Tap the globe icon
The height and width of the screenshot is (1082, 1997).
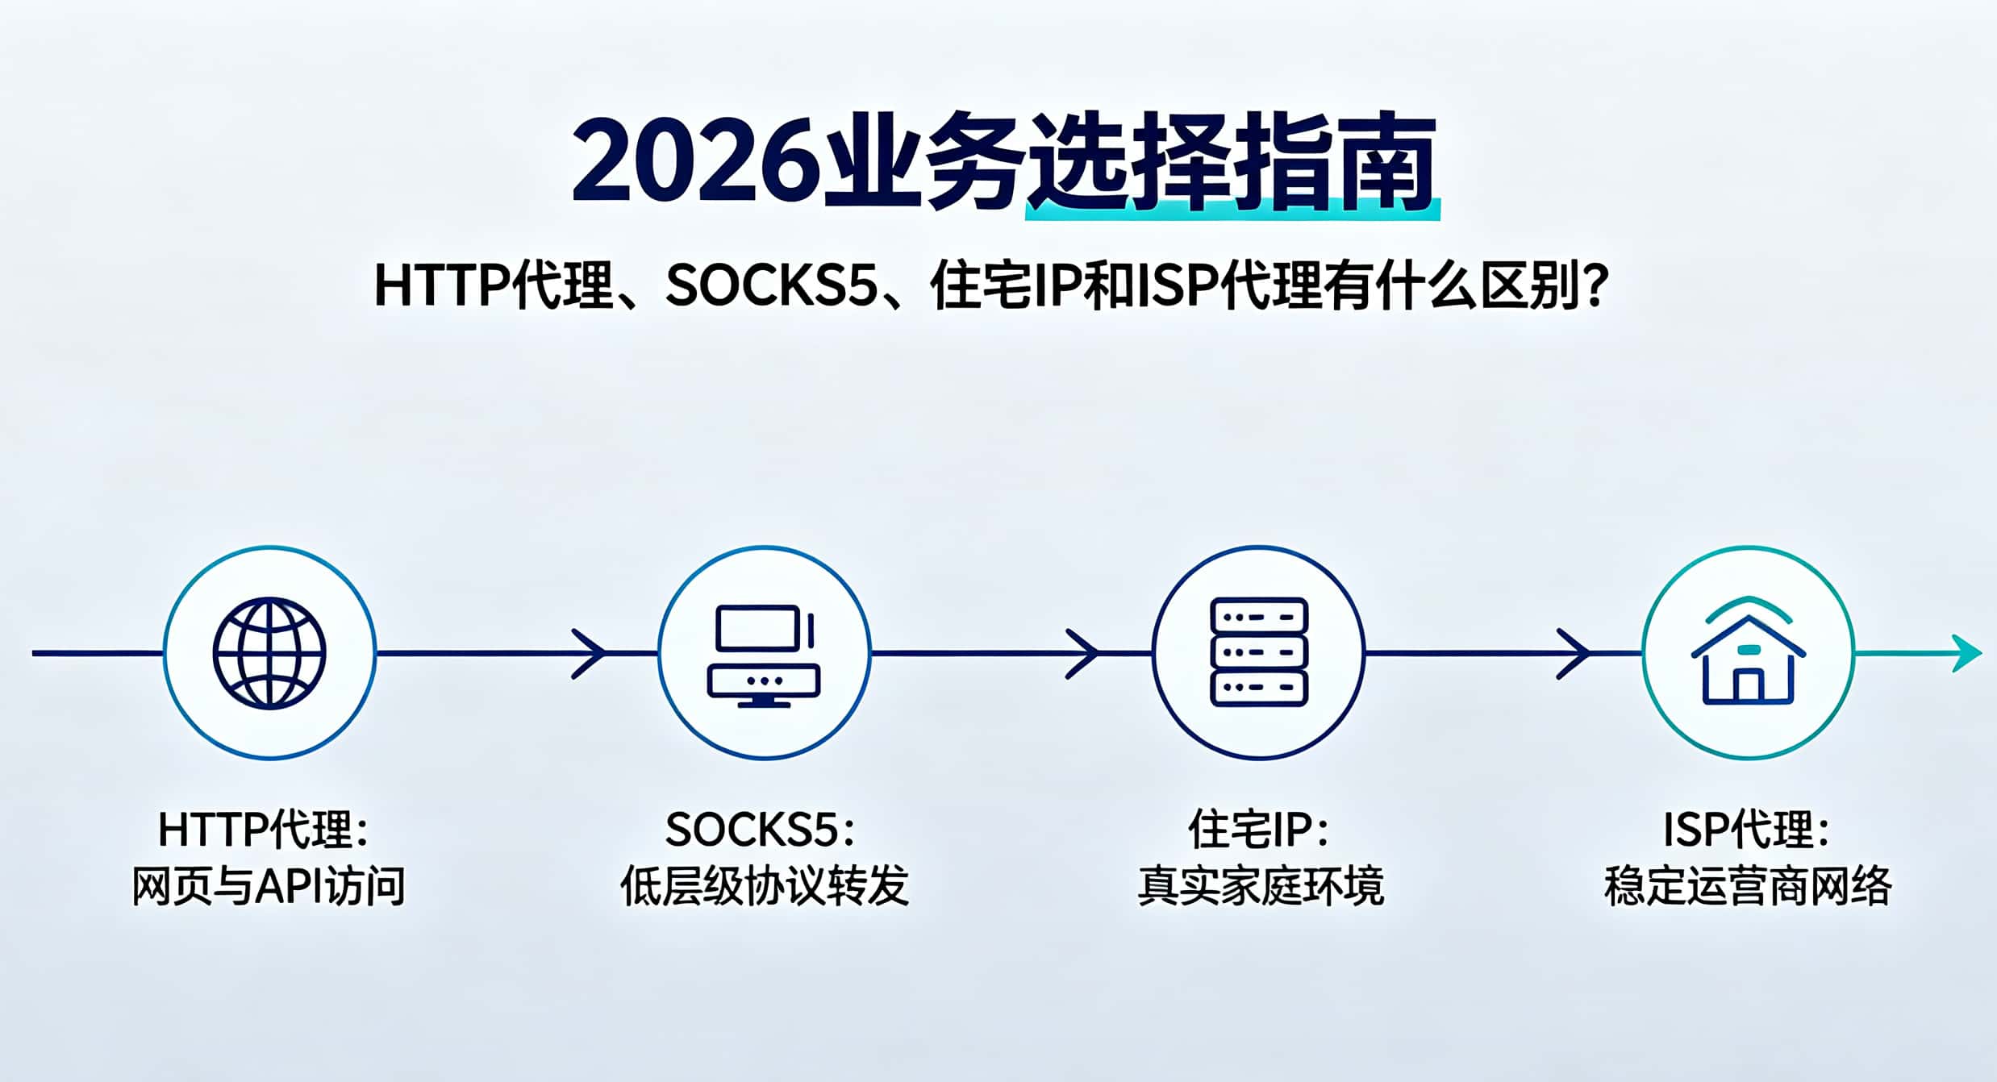point(269,652)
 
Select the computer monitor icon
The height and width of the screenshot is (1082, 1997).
point(764,655)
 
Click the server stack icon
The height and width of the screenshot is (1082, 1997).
point(1258,652)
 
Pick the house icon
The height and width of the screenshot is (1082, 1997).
point(1748,651)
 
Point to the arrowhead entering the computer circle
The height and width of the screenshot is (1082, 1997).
point(589,653)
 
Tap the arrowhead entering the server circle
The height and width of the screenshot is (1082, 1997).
point(1082,653)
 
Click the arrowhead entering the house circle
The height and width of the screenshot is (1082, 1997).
point(1574,653)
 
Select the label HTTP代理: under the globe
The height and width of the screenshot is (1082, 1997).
point(264,830)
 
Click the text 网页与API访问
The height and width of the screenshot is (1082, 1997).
point(269,886)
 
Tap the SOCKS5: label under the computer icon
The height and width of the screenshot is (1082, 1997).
point(760,830)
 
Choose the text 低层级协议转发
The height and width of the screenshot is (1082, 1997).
point(765,886)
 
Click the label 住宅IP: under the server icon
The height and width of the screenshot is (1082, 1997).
point(1258,830)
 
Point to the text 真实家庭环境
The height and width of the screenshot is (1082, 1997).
point(1261,886)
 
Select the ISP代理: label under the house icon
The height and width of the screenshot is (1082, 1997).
point(1747,830)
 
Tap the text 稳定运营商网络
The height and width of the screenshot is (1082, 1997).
point(1748,886)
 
